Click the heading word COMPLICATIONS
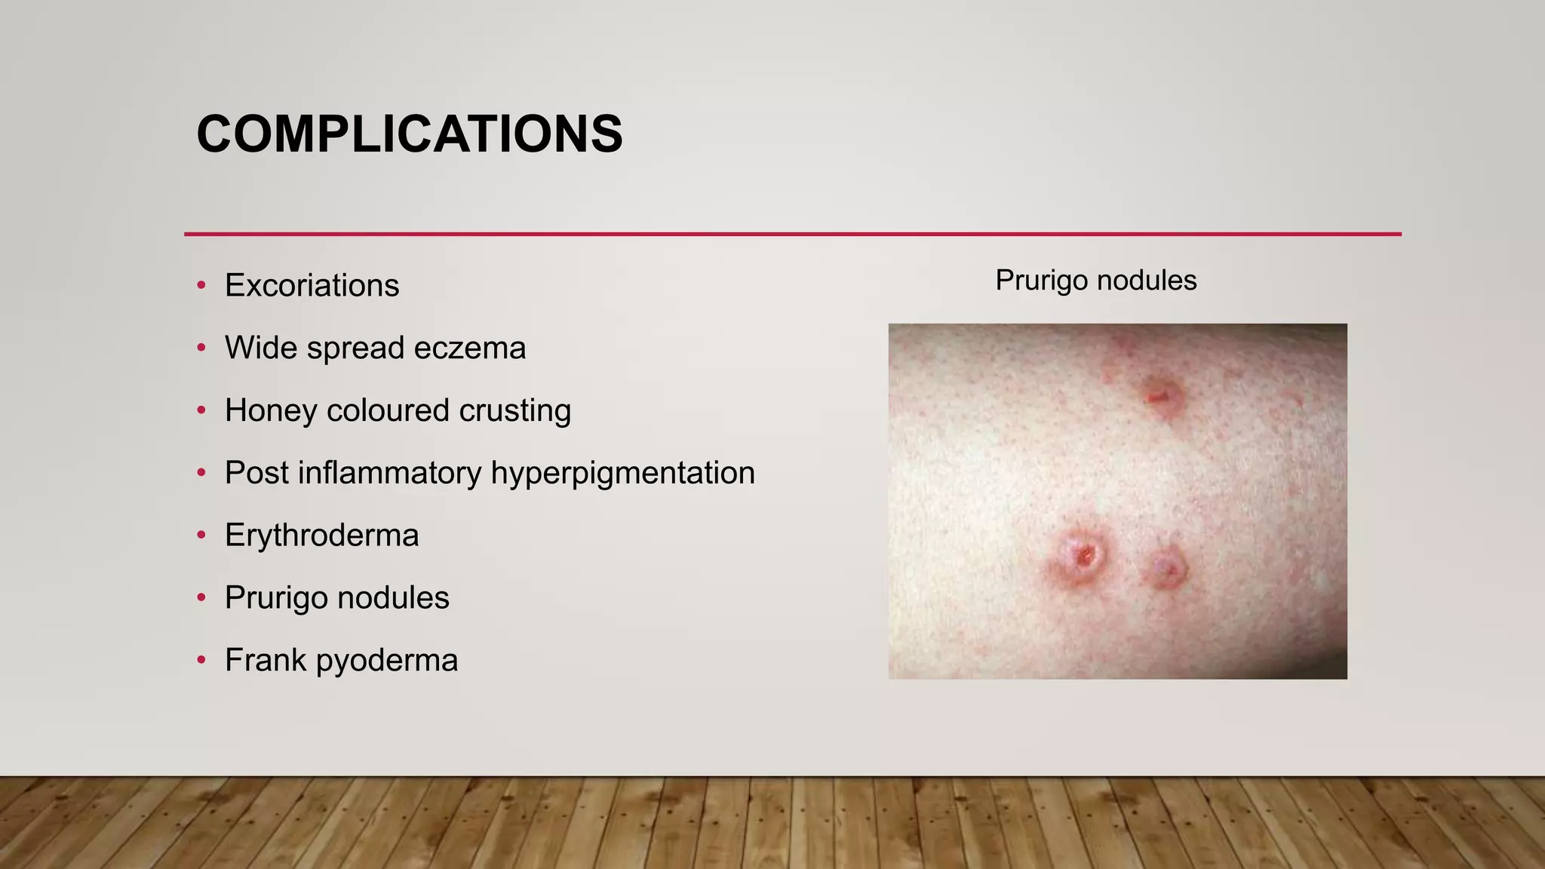(410, 134)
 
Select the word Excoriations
(312, 286)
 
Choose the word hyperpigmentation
(622, 474)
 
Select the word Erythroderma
(321, 536)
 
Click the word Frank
(265, 661)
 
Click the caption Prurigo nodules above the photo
(1095, 281)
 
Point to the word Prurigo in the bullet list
(275, 598)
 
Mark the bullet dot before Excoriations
(201, 286)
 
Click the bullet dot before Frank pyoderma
(201, 661)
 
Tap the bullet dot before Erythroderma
(201, 536)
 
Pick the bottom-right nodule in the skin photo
(1167, 567)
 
